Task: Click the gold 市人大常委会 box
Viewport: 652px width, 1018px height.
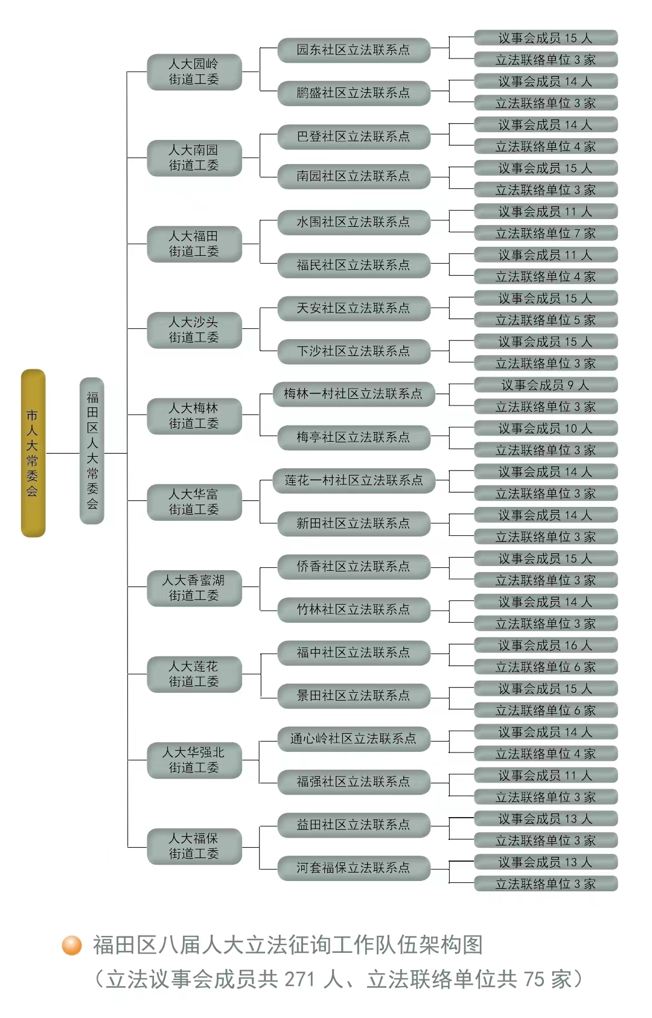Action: point(33,453)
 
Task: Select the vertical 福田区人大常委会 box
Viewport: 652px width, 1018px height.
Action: point(92,450)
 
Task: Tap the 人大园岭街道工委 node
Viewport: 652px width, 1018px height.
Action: point(194,72)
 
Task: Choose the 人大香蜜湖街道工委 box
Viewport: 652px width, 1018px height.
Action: point(194,588)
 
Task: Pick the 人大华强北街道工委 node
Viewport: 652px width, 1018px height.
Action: point(194,760)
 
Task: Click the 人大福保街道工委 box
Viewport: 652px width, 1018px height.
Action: point(194,846)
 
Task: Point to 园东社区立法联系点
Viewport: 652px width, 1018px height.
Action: point(354,50)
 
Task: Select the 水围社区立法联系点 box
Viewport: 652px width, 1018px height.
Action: point(354,222)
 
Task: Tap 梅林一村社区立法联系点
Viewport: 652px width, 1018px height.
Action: point(354,394)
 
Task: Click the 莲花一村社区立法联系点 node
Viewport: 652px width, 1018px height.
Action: point(354,480)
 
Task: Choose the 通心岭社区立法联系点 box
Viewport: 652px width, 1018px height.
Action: point(354,739)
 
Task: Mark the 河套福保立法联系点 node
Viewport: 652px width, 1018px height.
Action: point(354,868)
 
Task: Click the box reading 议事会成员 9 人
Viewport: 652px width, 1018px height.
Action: point(546,385)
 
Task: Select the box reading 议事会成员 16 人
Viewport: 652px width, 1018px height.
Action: point(546,645)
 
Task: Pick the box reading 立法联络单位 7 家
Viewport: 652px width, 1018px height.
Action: point(546,233)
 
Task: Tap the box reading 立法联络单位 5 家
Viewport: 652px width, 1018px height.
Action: point(546,320)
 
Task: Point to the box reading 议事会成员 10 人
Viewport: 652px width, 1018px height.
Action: point(546,428)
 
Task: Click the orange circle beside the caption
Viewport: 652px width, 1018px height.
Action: point(72,946)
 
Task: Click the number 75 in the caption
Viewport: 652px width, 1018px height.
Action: point(534,979)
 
